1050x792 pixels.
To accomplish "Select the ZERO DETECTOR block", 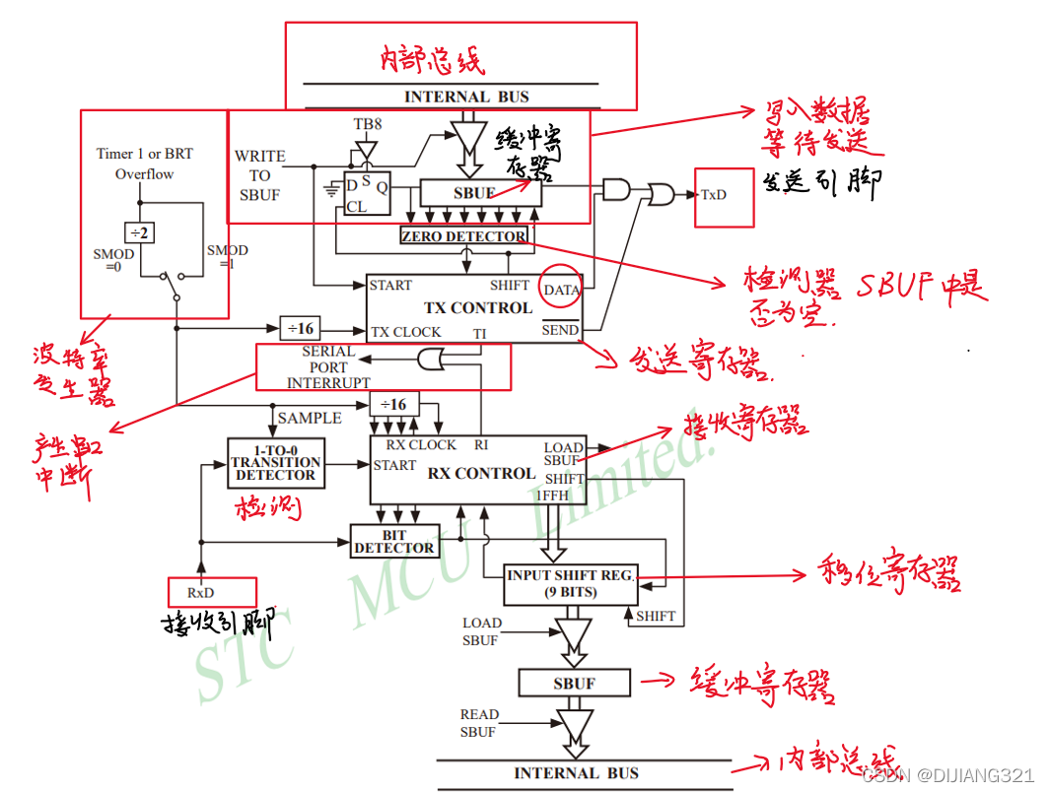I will (x=463, y=236).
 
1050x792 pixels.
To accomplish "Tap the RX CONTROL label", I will (x=481, y=473).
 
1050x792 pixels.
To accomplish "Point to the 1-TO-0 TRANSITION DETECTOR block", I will (x=275, y=462).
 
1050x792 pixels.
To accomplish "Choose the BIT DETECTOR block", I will (x=393, y=541).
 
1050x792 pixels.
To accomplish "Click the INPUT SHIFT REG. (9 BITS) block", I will (x=570, y=583).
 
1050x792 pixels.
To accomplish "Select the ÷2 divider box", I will (x=140, y=232).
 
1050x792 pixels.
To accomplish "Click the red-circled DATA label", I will (x=562, y=290).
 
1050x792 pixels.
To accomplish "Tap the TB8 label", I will (x=368, y=125).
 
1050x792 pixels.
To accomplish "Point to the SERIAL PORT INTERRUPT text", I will (x=328, y=366).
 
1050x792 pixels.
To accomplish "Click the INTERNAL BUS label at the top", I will (x=466, y=97).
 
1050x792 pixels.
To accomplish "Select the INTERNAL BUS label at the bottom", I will (x=576, y=773).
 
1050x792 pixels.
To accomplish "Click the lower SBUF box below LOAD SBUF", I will (x=574, y=683).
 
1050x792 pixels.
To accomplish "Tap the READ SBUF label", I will (x=479, y=723).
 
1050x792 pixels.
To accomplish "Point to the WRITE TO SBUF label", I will (x=259, y=175).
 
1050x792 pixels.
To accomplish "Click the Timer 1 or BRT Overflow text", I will (x=144, y=164).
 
